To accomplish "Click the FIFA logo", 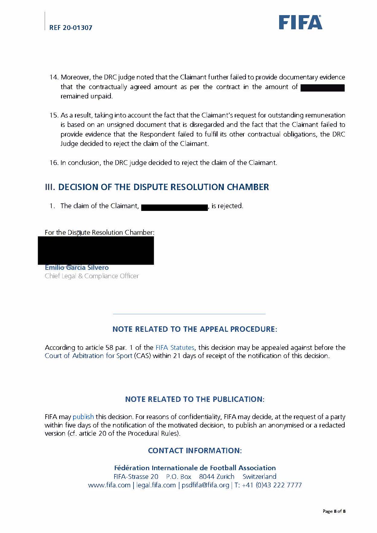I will tap(300, 22).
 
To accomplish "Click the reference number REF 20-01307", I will tap(71, 27).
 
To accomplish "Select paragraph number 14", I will tap(54, 77).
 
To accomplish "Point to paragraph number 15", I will tap(54, 115).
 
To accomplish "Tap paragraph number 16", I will tap(54, 163).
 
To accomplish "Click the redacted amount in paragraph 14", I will tap(323, 88).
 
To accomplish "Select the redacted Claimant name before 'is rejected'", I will tap(174, 207).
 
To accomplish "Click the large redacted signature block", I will tap(96, 250).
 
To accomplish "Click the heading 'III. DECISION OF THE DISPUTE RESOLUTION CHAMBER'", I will tap(157, 187).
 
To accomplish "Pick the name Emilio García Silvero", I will tap(77, 267).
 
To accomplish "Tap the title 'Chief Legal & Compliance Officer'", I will tap(92, 276).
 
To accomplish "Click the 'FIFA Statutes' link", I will tap(175, 347).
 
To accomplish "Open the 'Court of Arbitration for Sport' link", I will tap(89, 356).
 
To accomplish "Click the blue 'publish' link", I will tap(83, 417).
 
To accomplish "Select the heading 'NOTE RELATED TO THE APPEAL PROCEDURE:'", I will tap(195, 329).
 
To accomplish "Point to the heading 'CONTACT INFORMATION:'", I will tap(195, 451).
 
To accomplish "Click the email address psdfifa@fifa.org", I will tap(205, 485).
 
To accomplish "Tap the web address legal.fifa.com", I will tap(156, 485).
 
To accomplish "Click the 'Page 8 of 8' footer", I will tap(334, 511).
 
